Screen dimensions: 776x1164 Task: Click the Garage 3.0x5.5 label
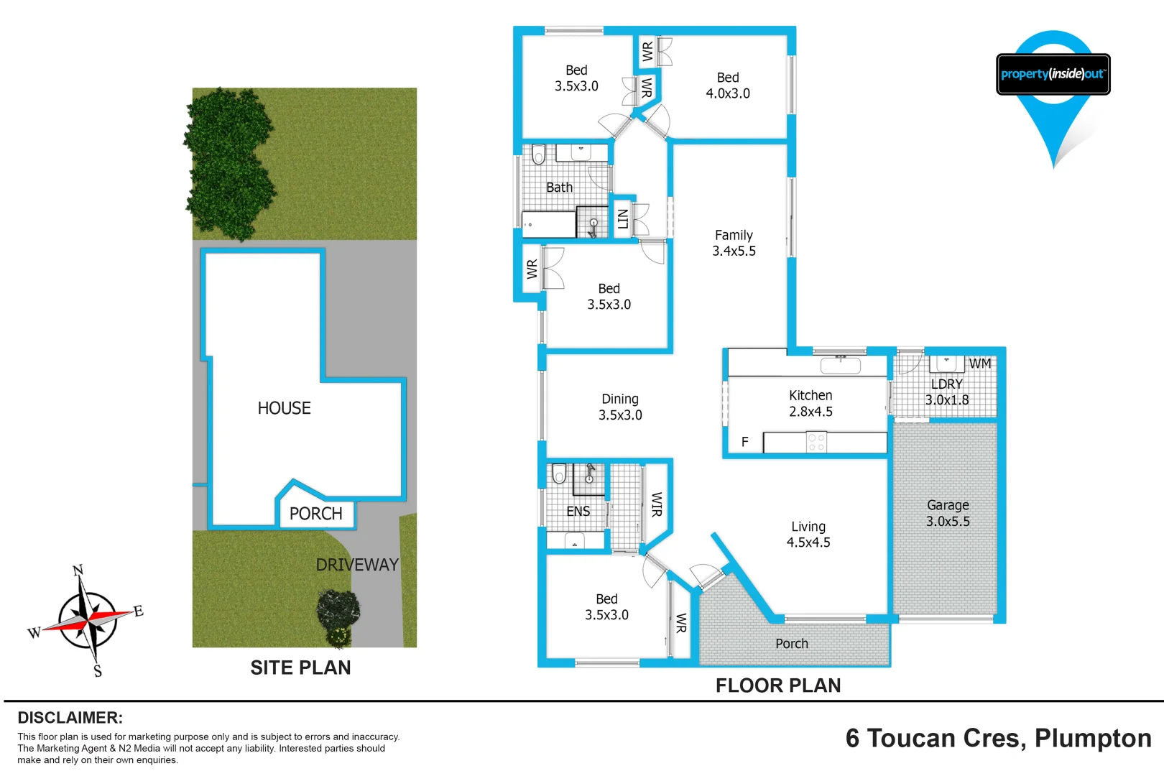point(948,514)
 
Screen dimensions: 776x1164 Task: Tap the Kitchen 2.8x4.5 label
point(810,404)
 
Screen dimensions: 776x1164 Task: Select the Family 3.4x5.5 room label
point(734,243)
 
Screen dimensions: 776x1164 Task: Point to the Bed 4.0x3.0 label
point(728,86)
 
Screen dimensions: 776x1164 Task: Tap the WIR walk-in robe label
point(656,504)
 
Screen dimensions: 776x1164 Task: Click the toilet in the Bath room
point(538,154)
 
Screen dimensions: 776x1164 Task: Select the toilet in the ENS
point(559,474)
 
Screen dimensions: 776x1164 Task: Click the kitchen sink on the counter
point(840,365)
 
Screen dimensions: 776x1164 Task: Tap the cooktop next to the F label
point(816,442)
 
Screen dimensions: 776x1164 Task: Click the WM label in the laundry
point(980,364)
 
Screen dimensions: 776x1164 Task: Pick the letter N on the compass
point(78,570)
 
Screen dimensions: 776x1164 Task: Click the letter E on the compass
point(139,611)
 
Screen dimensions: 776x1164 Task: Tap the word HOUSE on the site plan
point(284,408)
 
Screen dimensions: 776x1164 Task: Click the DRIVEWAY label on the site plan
point(357,565)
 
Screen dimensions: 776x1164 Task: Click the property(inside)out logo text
point(1053,74)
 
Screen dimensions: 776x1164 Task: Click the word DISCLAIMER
point(70,718)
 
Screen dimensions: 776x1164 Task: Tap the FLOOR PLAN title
point(777,685)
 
